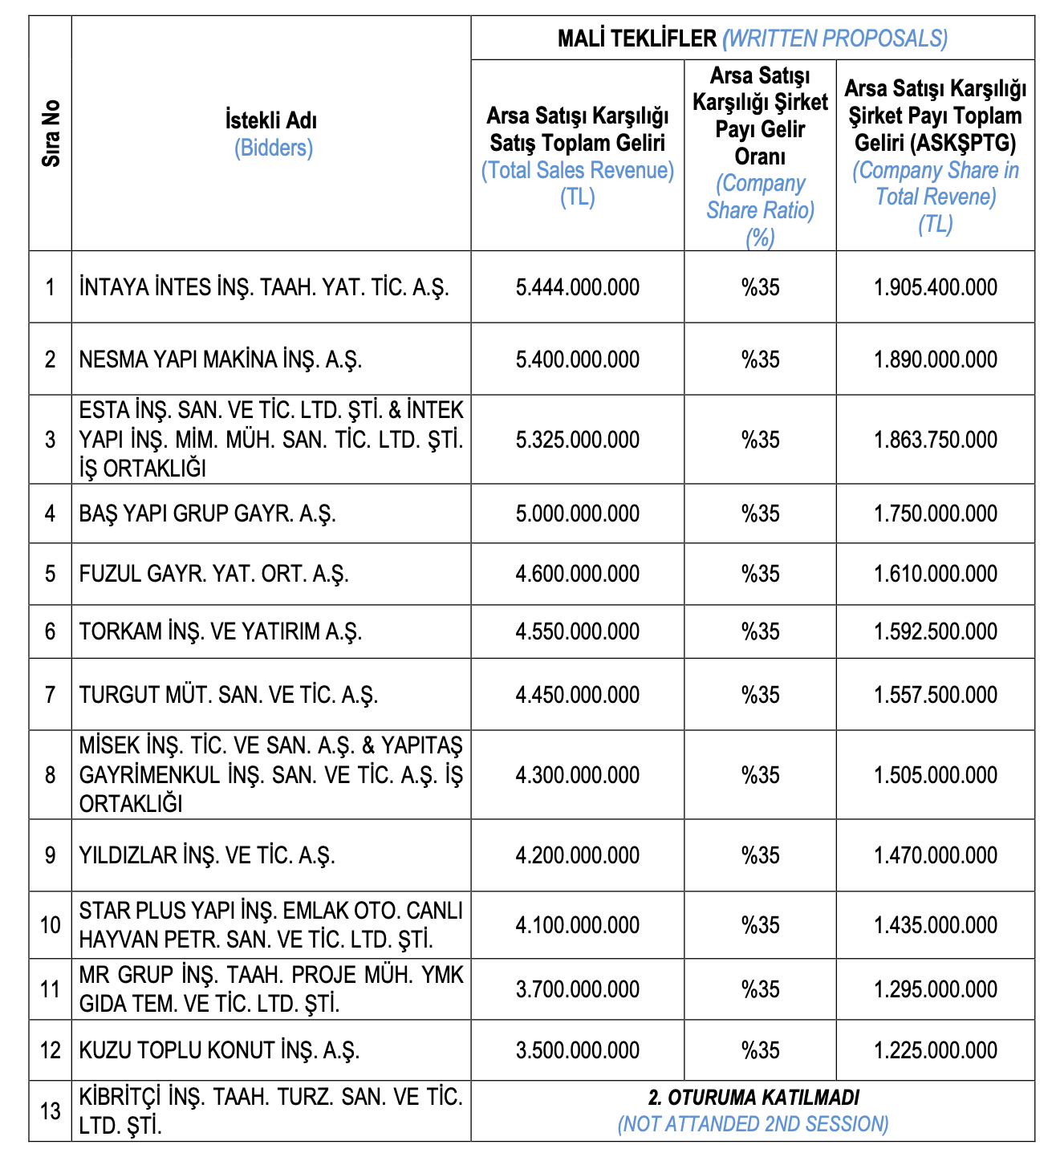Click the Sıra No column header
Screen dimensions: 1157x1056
[x=51, y=133]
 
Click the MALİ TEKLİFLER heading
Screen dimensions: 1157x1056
[x=637, y=38]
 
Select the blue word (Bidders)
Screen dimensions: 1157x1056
[x=273, y=148]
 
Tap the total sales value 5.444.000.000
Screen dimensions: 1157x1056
[x=578, y=287]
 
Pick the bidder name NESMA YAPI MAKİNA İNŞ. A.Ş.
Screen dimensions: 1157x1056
[x=221, y=359]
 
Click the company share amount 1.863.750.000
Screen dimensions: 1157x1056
[x=936, y=440]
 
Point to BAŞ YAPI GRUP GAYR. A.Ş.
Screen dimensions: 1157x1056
[x=207, y=514]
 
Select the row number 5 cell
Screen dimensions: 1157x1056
[x=51, y=574]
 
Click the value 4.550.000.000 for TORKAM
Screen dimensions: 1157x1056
[x=578, y=631]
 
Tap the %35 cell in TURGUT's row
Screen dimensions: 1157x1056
[x=760, y=694]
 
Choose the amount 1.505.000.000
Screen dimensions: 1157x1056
[x=936, y=775]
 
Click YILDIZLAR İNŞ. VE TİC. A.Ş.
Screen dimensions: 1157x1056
[x=207, y=855]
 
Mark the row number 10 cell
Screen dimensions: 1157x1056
[x=51, y=925]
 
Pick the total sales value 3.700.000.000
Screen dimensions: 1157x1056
[x=578, y=989]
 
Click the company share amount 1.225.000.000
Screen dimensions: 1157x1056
[x=936, y=1050]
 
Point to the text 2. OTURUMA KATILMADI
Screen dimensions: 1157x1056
[x=753, y=1097]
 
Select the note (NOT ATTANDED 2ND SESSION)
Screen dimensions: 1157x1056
[x=753, y=1123]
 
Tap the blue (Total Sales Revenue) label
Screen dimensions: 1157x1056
[x=578, y=170]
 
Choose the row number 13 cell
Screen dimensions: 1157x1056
[x=51, y=1111]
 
